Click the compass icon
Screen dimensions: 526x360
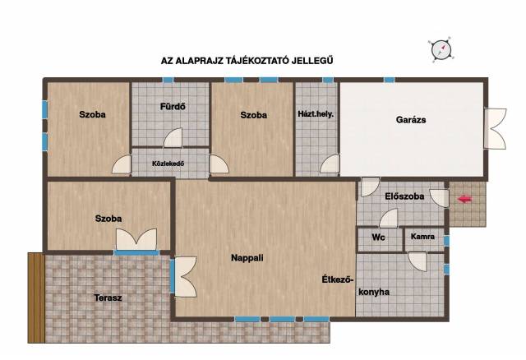pyautogui.click(x=441, y=49)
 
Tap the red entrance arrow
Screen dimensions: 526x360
pyautogui.click(x=465, y=199)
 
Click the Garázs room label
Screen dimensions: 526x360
pyautogui.click(x=411, y=120)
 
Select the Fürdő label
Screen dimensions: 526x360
pyautogui.click(x=173, y=107)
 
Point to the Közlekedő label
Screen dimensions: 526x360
pyautogui.click(x=168, y=164)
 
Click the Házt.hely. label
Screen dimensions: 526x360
pyautogui.click(x=316, y=114)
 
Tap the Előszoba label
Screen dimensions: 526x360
pyautogui.click(x=404, y=196)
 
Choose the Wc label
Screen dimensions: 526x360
pyautogui.click(x=378, y=238)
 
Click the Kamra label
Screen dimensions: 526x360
pyautogui.click(x=422, y=237)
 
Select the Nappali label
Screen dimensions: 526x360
pyautogui.click(x=247, y=258)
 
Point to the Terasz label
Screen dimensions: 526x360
pyautogui.click(x=108, y=298)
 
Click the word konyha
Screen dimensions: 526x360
pyautogui.click(x=374, y=292)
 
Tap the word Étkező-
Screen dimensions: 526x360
pyautogui.click(x=338, y=279)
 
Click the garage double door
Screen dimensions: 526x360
pyautogui.click(x=495, y=128)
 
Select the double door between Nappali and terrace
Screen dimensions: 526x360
pyautogui.click(x=185, y=277)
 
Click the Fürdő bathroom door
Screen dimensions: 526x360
pyautogui.click(x=173, y=138)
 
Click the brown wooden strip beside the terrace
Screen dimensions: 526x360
pyautogui.click(x=36, y=298)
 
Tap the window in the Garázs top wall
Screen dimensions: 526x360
pyautogui.click(x=389, y=80)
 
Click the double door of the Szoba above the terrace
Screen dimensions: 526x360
pyautogui.click(x=136, y=239)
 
